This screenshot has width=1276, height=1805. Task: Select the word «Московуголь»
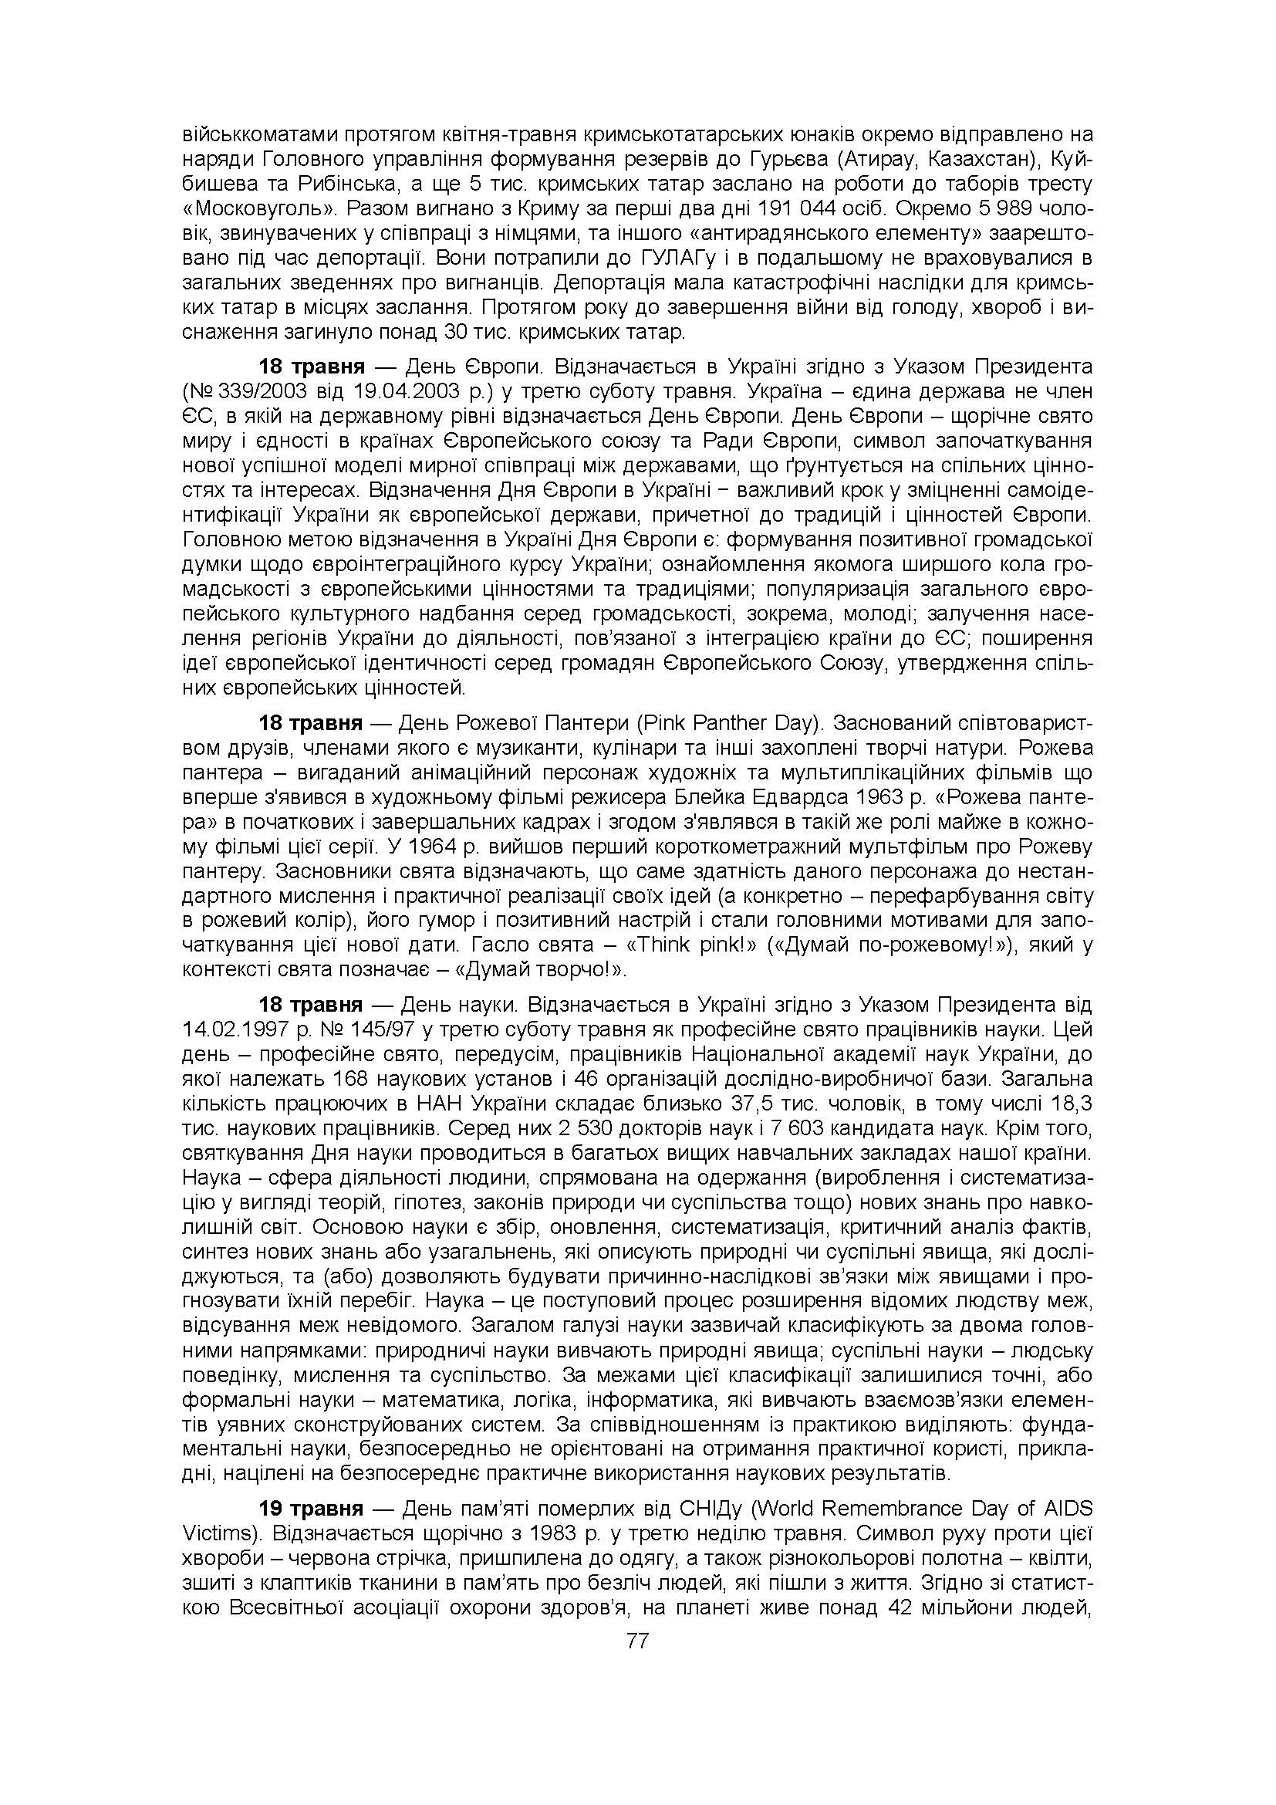(x=258, y=210)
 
